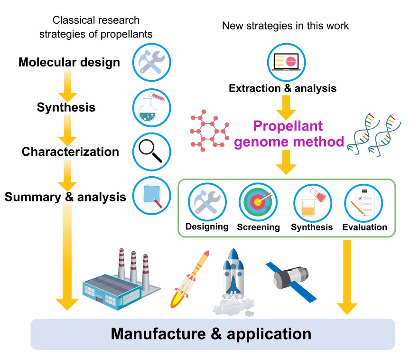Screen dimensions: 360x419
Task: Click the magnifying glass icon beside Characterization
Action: click(x=152, y=152)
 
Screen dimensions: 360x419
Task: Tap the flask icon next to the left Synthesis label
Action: click(x=152, y=107)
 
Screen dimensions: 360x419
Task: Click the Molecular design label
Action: click(x=69, y=62)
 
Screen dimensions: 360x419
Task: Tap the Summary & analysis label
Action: click(x=65, y=197)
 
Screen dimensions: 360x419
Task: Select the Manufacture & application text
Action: click(x=211, y=333)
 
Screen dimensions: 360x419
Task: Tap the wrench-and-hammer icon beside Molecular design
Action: click(x=152, y=62)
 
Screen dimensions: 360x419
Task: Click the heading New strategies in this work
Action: click(x=285, y=26)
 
